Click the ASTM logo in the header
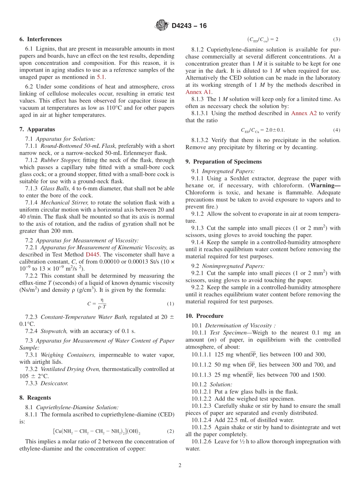point(162,26)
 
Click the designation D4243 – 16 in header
point(189,26)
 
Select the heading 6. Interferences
point(41,39)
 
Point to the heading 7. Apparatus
point(37,129)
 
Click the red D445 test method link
point(93,254)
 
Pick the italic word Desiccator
point(55,383)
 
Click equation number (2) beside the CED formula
point(170,431)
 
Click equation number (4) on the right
point(337,130)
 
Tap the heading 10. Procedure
point(204,316)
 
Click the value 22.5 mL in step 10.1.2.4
point(243,420)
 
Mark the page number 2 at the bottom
point(180,466)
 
